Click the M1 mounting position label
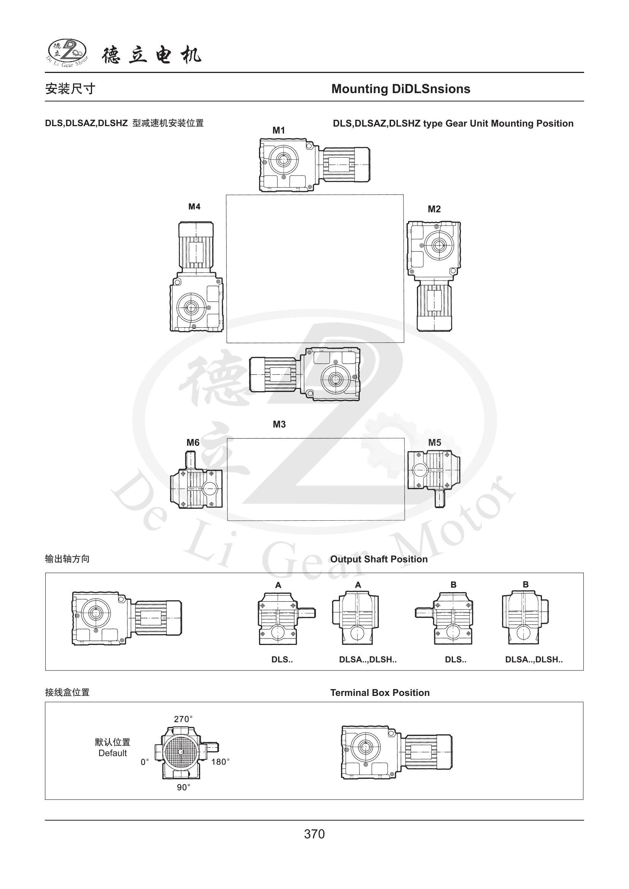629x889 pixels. pos(278,130)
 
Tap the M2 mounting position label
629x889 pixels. pos(434,209)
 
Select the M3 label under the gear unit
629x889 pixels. pos(279,425)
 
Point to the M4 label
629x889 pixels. pos(194,207)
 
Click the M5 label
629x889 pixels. pos(435,442)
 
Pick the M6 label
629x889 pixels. pos(193,442)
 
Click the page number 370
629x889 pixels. pos(314,834)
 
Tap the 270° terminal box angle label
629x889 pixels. pos(183,719)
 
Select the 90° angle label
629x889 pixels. pos(184,788)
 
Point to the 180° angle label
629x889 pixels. pos(221,762)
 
